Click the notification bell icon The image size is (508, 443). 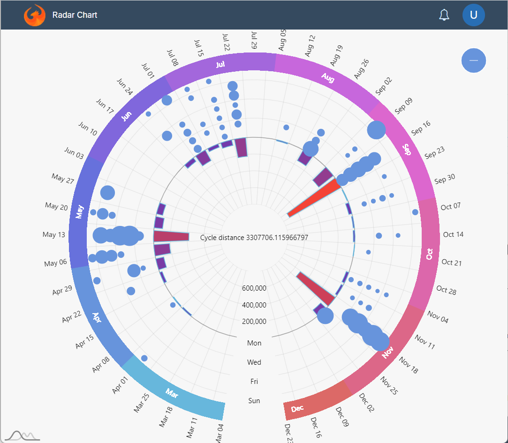click(x=444, y=15)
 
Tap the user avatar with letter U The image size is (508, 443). click(x=473, y=15)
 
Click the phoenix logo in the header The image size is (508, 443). click(x=35, y=15)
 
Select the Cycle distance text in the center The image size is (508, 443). click(x=254, y=238)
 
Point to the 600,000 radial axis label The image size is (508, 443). click(x=254, y=288)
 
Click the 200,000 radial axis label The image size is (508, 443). click(x=254, y=322)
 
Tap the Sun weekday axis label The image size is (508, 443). click(x=254, y=401)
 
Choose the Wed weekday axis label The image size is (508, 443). click(x=254, y=362)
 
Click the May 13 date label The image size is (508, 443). click(x=54, y=234)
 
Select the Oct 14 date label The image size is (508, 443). click(x=453, y=234)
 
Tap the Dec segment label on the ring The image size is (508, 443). click(x=297, y=409)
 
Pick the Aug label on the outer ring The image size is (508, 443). click(x=327, y=78)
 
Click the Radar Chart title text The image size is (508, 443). click(x=75, y=15)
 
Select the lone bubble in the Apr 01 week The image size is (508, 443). click(x=144, y=358)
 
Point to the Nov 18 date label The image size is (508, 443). click(x=408, y=365)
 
